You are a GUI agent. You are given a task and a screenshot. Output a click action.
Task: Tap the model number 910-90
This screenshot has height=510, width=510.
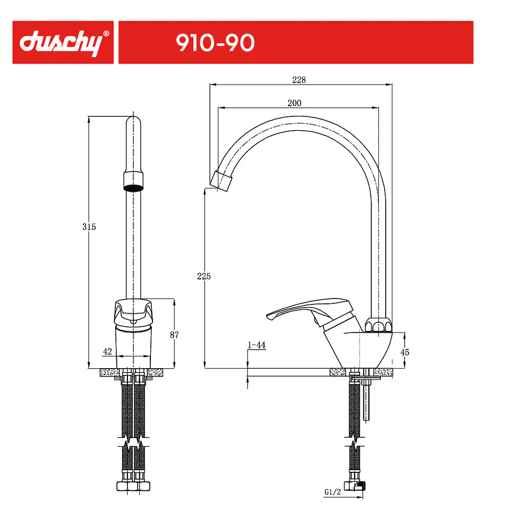click(215, 43)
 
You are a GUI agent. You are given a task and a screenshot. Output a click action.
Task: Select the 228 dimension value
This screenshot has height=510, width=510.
click(299, 80)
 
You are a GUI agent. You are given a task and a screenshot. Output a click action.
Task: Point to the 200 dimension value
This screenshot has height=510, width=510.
click(294, 103)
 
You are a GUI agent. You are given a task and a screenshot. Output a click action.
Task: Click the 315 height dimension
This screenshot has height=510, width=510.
click(89, 227)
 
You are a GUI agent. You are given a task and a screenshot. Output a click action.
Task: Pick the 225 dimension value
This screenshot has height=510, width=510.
click(204, 276)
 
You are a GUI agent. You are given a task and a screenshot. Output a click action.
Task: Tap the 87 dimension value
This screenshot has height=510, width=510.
click(174, 335)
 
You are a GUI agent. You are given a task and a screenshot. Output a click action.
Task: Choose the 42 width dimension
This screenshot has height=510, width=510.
click(107, 351)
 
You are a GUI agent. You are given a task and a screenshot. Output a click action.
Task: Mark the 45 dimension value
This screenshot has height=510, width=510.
click(405, 352)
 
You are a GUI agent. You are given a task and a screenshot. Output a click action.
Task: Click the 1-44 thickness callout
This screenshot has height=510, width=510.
click(257, 345)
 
